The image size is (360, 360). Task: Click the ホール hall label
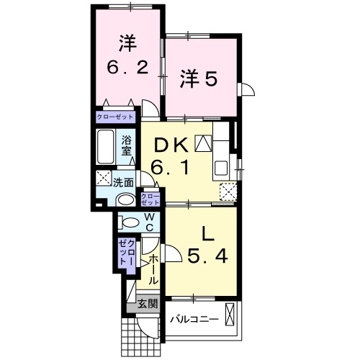point(153,268)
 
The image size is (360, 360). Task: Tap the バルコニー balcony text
point(193,318)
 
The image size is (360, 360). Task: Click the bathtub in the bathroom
point(106,148)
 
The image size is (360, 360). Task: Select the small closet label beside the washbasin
point(150,199)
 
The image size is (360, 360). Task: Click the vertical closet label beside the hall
point(127,253)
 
